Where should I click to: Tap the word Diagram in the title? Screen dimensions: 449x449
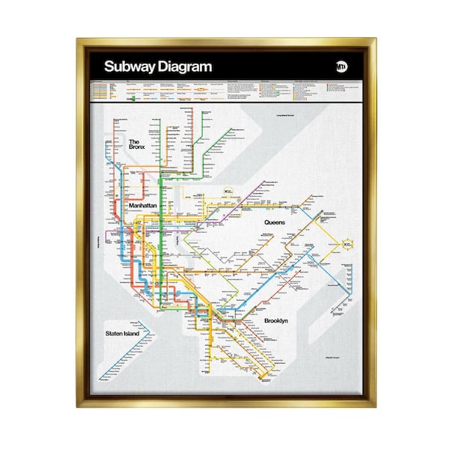183,67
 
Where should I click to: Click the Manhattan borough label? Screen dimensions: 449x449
147,205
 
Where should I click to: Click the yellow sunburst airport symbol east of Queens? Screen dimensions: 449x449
348,243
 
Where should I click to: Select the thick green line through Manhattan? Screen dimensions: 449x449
160,224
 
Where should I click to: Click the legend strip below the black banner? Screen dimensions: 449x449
224,90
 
